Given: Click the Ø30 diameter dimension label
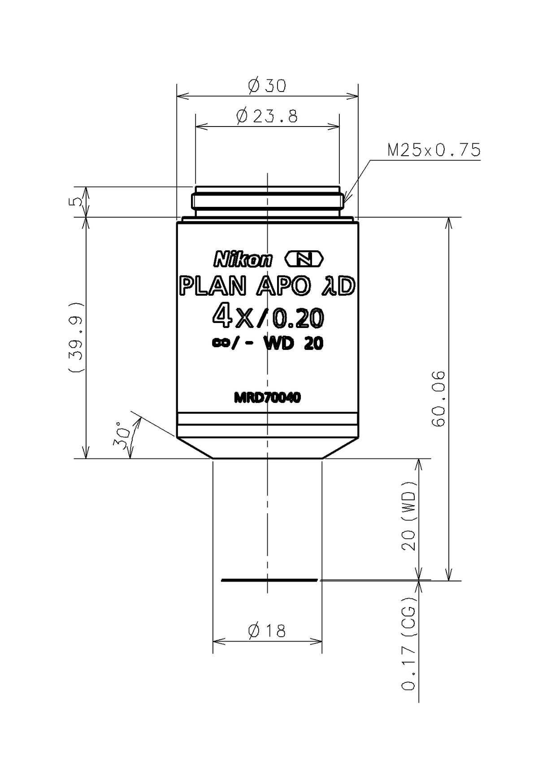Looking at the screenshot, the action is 267,86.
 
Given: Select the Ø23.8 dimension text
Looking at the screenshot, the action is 267,117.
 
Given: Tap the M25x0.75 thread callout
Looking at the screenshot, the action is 434,150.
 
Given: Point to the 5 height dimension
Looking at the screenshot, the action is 78,201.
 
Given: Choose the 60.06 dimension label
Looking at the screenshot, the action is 438,398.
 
